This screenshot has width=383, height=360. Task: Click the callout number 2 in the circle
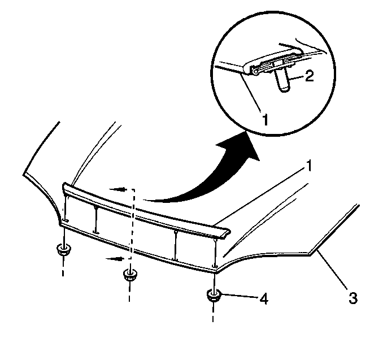click(x=309, y=76)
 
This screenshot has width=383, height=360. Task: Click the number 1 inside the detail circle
click(x=266, y=119)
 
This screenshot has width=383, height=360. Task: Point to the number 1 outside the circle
click(x=309, y=166)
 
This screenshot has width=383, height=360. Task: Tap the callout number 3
click(x=353, y=298)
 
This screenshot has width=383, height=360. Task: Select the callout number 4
click(x=264, y=298)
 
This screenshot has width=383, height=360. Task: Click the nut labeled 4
click(x=214, y=296)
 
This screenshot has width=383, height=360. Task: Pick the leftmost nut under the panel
click(x=63, y=250)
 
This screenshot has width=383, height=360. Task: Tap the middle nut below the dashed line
click(x=130, y=275)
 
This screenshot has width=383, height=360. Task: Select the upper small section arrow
click(x=119, y=189)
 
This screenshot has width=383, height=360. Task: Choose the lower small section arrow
click(x=115, y=259)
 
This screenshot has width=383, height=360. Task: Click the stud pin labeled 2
click(x=283, y=80)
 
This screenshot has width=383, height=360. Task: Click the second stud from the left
click(x=96, y=219)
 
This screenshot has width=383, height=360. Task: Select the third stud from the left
click(x=175, y=245)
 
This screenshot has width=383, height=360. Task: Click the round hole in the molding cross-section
click(x=255, y=72)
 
